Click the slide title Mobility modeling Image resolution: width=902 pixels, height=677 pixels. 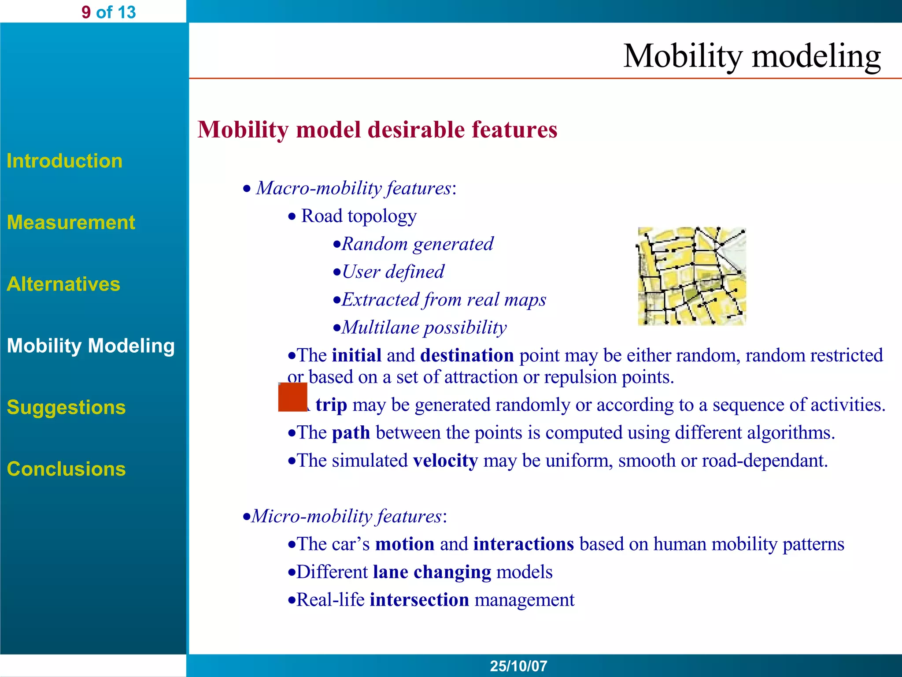click(751, 56)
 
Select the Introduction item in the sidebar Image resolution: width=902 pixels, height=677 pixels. click(64, 161)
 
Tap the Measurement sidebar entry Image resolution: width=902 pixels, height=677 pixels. click(71, 222)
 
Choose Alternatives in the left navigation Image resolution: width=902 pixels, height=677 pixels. click(63, 284)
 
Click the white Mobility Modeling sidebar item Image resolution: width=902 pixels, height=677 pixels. click(91, 346)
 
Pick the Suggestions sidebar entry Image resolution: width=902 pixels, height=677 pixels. click(66, 407)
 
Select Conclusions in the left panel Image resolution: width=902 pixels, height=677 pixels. click(66, 469)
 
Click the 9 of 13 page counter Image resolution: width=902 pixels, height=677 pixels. click(108, 12)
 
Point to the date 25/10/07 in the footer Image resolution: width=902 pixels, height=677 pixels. click(518, 666)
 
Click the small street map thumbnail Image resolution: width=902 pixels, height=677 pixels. click(691, 276)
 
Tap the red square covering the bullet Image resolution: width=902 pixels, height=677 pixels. click(292, 397)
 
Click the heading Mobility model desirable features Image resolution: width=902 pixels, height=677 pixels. click(377, 130)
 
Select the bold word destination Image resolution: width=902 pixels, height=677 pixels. click(467, 355)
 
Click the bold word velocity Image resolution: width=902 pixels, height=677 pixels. click(445, 461)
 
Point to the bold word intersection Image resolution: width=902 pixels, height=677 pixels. click(419, 600)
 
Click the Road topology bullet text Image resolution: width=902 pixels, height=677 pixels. click(359, 216)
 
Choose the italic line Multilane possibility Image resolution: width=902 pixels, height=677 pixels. click(424, 327)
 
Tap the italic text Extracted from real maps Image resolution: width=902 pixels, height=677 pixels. click(444, 300)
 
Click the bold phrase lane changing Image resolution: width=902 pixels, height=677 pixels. click(432, 572)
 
